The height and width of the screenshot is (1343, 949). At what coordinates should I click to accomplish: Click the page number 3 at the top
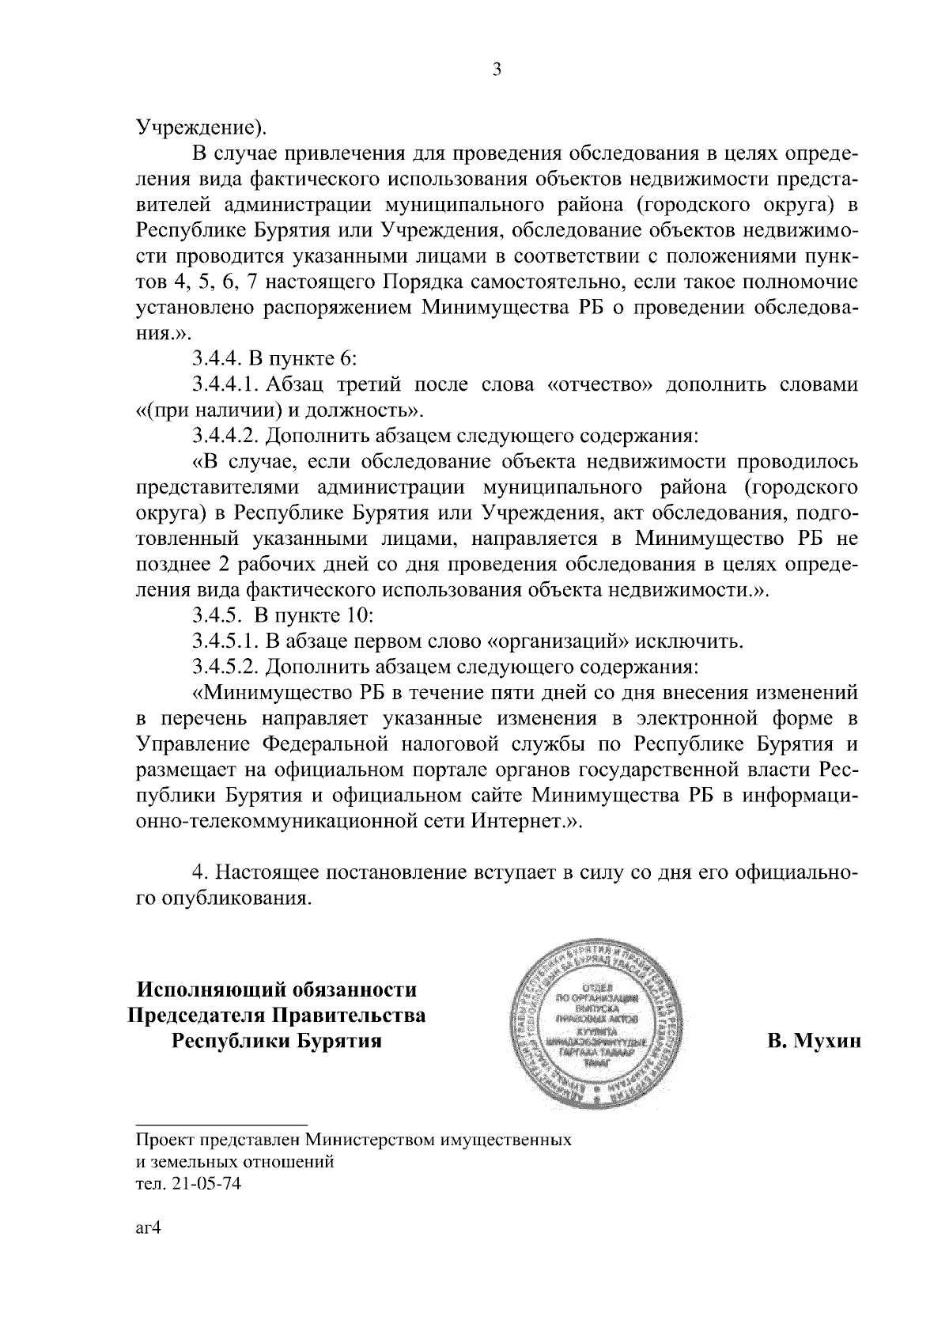tap(496, 70)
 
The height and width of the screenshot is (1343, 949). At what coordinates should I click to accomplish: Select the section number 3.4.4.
tap(217, 359)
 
